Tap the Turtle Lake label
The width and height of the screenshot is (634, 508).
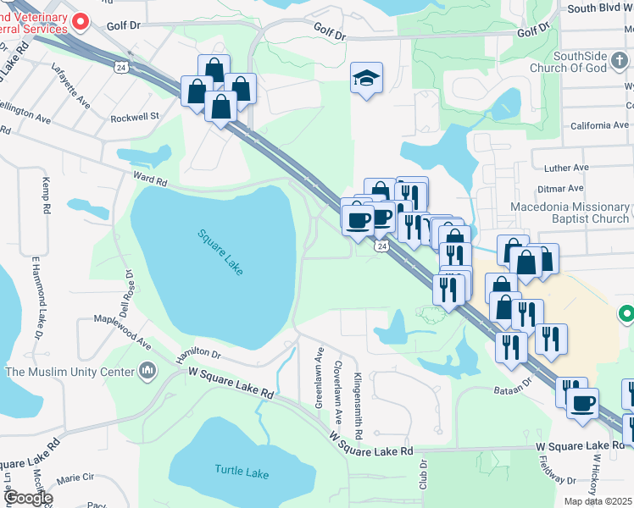pos(242,472)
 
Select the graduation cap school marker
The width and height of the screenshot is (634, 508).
pos(366,78)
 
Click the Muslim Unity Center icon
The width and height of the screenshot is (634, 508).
pos(148,371)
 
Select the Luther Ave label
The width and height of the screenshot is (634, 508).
pos(566,168)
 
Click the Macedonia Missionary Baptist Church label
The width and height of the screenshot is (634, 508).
pos(570,213)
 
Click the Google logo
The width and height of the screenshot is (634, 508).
pos(28,498)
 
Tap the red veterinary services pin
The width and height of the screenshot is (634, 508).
pos(81,21)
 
